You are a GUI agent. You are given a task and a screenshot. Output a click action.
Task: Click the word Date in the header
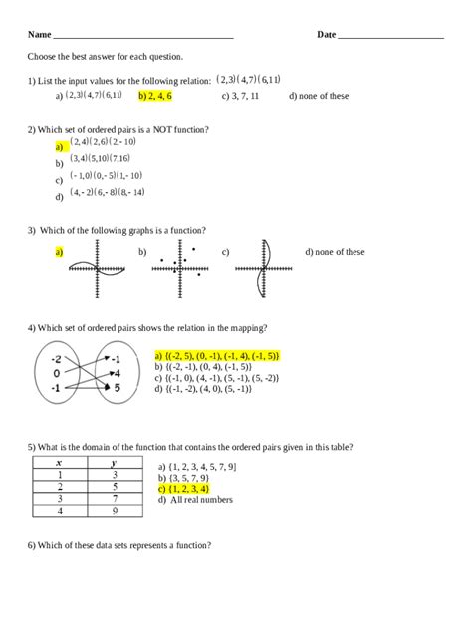coord(327,35)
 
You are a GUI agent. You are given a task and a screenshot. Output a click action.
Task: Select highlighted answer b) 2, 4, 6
coord(155,96)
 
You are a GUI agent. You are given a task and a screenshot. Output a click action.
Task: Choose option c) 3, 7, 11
coord(241,96)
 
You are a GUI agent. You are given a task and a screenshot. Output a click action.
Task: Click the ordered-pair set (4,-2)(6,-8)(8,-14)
coord(108,192)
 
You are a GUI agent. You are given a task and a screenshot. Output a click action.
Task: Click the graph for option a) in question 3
coord(98,268)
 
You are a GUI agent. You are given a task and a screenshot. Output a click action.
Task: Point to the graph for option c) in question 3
coord(262,267)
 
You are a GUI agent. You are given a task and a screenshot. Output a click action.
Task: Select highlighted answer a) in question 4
coord(217,355)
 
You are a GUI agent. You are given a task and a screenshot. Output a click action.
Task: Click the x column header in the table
coord(60,463)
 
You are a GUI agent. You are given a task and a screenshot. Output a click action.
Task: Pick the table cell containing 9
coord(116,511)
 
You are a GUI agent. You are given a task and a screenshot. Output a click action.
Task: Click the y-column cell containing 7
coord(116,499)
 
